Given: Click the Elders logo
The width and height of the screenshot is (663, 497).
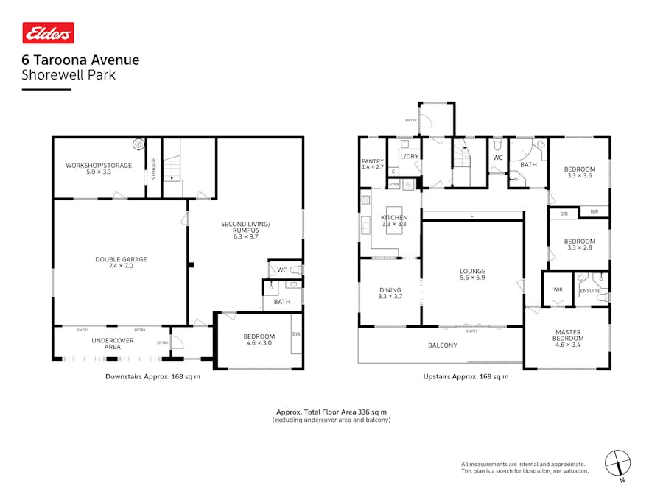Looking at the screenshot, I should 49,32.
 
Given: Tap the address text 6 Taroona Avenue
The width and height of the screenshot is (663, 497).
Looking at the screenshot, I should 80,60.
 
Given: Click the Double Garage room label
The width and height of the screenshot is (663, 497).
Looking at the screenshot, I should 121,263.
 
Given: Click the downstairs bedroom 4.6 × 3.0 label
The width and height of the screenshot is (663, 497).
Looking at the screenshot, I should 259,340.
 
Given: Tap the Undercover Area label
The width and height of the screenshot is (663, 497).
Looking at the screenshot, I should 106,342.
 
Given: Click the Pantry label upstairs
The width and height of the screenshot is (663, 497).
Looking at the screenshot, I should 372,163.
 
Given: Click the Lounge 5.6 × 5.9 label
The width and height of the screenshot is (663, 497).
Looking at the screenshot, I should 472,275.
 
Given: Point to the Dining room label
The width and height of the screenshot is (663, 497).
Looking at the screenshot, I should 390,293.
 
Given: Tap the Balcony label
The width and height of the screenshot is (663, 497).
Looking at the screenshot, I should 443,345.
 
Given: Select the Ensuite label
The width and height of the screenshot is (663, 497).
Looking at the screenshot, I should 590,291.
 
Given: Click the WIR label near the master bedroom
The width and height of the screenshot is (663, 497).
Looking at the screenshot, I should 558,289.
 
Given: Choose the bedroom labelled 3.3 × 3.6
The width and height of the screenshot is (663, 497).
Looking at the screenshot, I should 579,172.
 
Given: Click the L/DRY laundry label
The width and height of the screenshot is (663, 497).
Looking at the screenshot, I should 409,156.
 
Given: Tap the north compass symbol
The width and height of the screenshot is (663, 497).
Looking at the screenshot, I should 617,464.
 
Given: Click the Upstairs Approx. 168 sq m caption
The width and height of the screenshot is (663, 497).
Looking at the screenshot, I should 466,377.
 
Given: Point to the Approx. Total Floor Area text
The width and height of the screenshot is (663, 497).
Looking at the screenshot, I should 331,412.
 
